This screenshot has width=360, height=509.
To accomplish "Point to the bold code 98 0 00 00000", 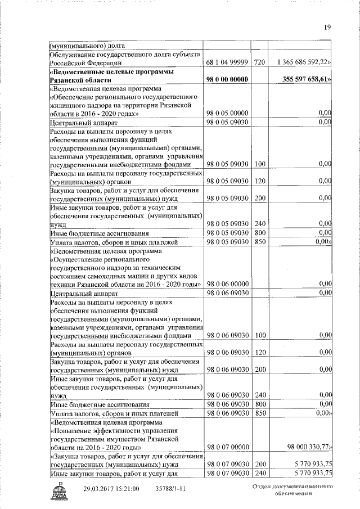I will [x=227, y=80].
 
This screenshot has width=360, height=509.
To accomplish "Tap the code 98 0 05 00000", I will [x=227, y=113].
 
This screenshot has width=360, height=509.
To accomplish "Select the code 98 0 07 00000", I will [x=227, y=447].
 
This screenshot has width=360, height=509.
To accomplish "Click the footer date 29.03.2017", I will [x=102, y=489].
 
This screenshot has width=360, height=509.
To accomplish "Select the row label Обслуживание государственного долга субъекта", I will [x=125, y=54].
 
